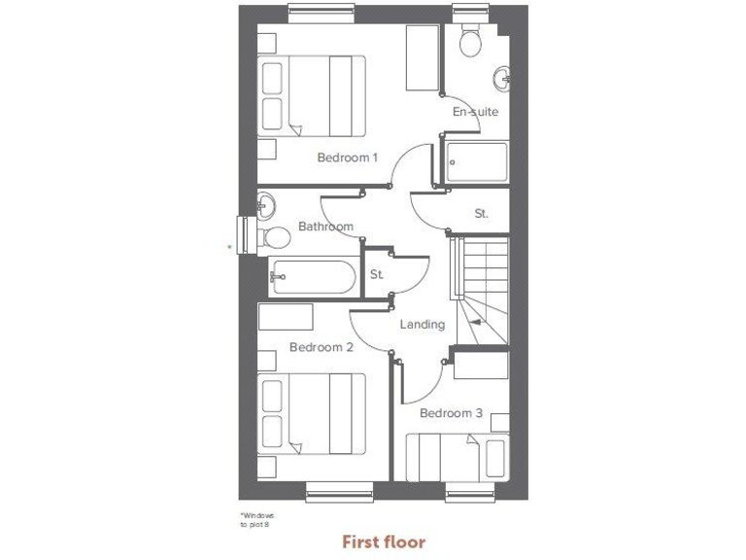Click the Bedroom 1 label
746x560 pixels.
coord(347,157)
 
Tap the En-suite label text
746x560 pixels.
coord(475,112)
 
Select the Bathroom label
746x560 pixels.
coord(325,227)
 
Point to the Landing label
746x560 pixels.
coord(422,325)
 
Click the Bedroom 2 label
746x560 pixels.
coord(321,347)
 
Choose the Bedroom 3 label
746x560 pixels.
coord(451,413)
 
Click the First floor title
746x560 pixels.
coord(383,542)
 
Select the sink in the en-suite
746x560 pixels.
coord(502,77)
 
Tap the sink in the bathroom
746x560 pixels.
coord(265,205)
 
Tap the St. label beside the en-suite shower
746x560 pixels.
coord(481,213)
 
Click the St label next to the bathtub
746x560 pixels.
coord(376,275)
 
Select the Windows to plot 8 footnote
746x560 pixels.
coord(257,520)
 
